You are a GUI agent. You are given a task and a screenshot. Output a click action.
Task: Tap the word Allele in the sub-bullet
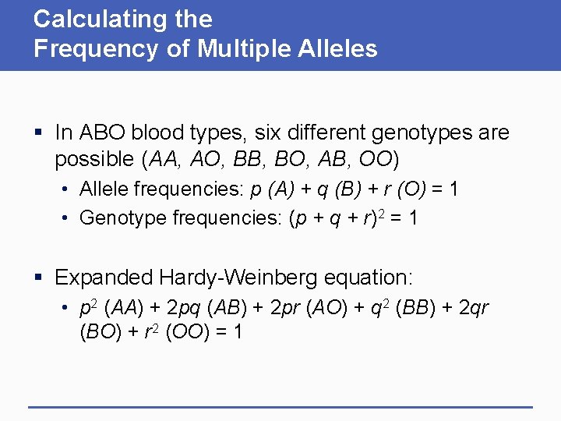coord(104,190)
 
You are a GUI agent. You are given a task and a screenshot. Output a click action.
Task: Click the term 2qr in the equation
coord(474,307)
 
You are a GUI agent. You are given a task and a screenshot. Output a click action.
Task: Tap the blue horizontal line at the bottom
coord(280,407)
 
